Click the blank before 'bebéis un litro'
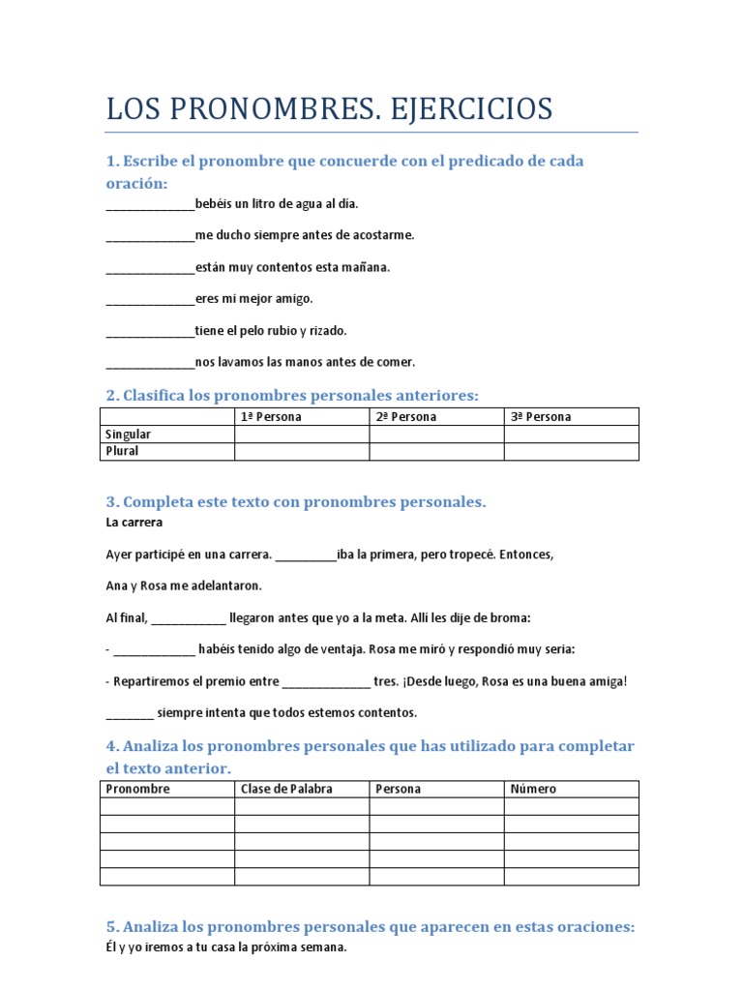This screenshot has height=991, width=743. tap(150, 204)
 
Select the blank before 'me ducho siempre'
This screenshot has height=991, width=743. tap(150, 236)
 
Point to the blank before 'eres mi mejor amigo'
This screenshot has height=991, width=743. tap(150, 300)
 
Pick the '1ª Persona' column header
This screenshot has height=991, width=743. tap(271, 417)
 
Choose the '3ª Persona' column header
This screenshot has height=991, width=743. tap(541, 417)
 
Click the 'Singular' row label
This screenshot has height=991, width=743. tap(128, 435)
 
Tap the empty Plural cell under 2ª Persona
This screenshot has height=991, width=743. tap(436, 452)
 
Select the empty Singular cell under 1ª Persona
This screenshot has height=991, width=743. tap(302, 435)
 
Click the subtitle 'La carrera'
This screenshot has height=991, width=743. tap(134, 523)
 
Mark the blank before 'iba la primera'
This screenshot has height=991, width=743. tap(306, 556)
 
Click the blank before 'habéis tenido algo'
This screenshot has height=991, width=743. tap(154, 649)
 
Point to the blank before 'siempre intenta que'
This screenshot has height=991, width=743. tap(129, 713)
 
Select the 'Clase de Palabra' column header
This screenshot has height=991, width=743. tap(286, 789)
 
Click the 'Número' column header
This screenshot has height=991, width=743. tap(533, 789)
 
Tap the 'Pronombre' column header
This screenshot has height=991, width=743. tap(137, 789)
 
